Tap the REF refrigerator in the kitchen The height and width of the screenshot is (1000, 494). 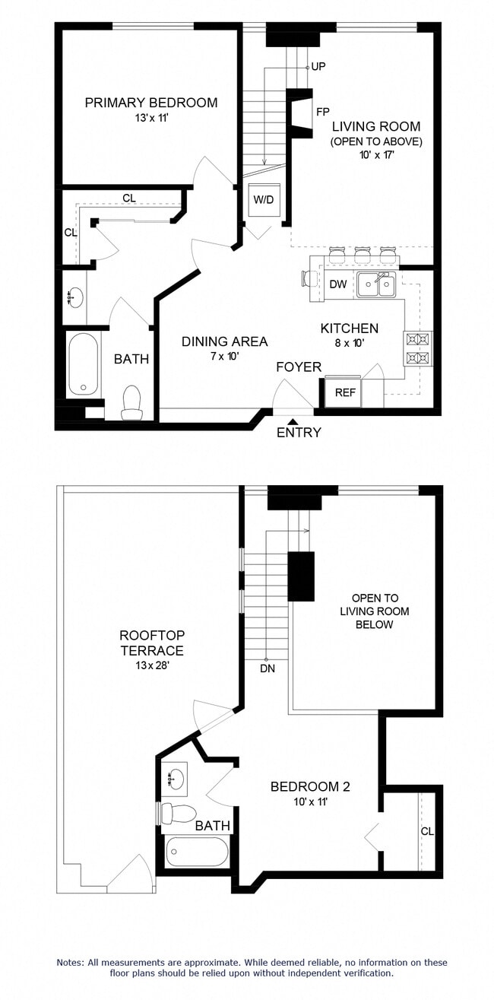[x=346, y=393]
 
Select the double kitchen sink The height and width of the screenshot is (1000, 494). [x=376, y=285]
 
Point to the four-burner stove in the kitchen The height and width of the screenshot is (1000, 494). [x=418, y=348]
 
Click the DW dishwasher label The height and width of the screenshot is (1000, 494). [x=338, y=284]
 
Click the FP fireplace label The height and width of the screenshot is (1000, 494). [x=322, y=112]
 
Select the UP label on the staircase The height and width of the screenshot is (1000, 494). [x=318, y=67]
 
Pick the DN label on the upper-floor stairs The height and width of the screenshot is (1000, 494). [x=266, y=668]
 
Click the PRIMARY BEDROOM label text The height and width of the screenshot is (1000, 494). [x=150, y=103]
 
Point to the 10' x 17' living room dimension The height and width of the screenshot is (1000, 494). [x=375, y=155]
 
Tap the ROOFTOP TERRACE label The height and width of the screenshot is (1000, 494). [x=151, y=643]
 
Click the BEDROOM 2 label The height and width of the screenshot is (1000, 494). [x=310, y=786]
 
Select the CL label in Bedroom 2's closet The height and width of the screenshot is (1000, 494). [x=427, y=831]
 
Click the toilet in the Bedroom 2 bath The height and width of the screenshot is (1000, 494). [x=179, y=814]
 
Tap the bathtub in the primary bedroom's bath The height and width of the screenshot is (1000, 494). [x=83, y=365]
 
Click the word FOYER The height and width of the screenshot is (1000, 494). [x=299, y=367]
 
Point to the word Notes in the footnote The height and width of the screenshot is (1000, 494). [x=73, y=962]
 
